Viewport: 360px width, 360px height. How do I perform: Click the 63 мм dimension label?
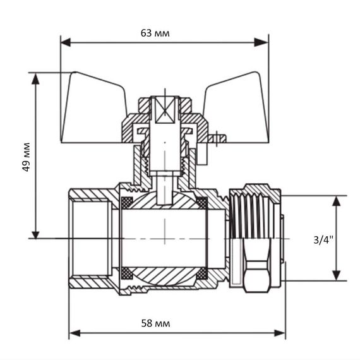(x=155, y=33)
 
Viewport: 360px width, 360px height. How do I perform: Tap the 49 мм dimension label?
(x=27, y=157)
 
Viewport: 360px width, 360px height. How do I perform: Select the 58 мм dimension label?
(x=155, y=323)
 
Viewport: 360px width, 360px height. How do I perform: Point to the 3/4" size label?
(x=323, y=240)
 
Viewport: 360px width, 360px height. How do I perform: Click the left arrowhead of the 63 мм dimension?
(x=66, y=42)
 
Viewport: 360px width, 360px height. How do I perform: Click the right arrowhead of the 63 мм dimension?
(x=261, y=42)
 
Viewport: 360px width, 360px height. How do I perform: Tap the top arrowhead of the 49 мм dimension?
(x=35, y=79)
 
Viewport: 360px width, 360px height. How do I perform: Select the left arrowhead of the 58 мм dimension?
(x=75, y=333)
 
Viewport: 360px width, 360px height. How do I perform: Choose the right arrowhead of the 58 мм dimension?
(x=280, y=333)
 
